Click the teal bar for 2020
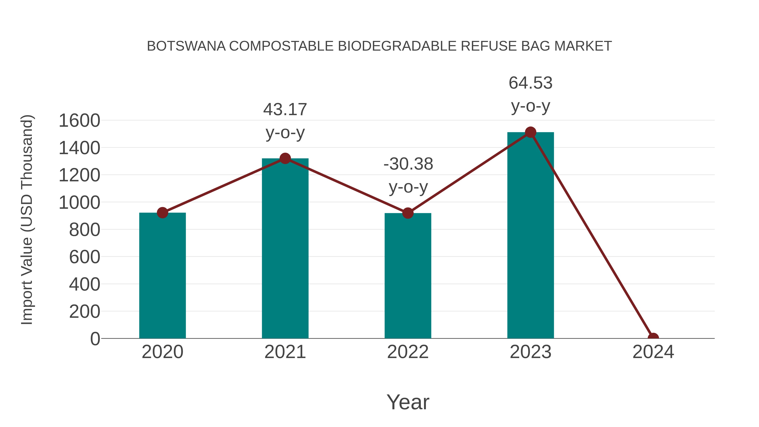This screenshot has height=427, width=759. [162, 276]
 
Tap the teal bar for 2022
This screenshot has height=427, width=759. [408, 276]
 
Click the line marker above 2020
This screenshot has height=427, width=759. [162, 213]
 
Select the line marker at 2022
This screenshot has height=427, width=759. [408, 213]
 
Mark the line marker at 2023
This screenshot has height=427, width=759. [530, 132]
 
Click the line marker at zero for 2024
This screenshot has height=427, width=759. [653, 338]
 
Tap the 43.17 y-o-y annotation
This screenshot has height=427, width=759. [285, 121]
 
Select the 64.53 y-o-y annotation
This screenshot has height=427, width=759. [530, 94]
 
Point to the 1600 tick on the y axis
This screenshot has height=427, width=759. [79, 121]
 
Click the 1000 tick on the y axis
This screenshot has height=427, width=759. [79, 203]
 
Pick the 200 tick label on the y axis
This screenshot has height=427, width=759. [85, 312]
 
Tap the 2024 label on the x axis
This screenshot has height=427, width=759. [653, 352]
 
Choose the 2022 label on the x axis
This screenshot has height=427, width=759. [408, 352]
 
